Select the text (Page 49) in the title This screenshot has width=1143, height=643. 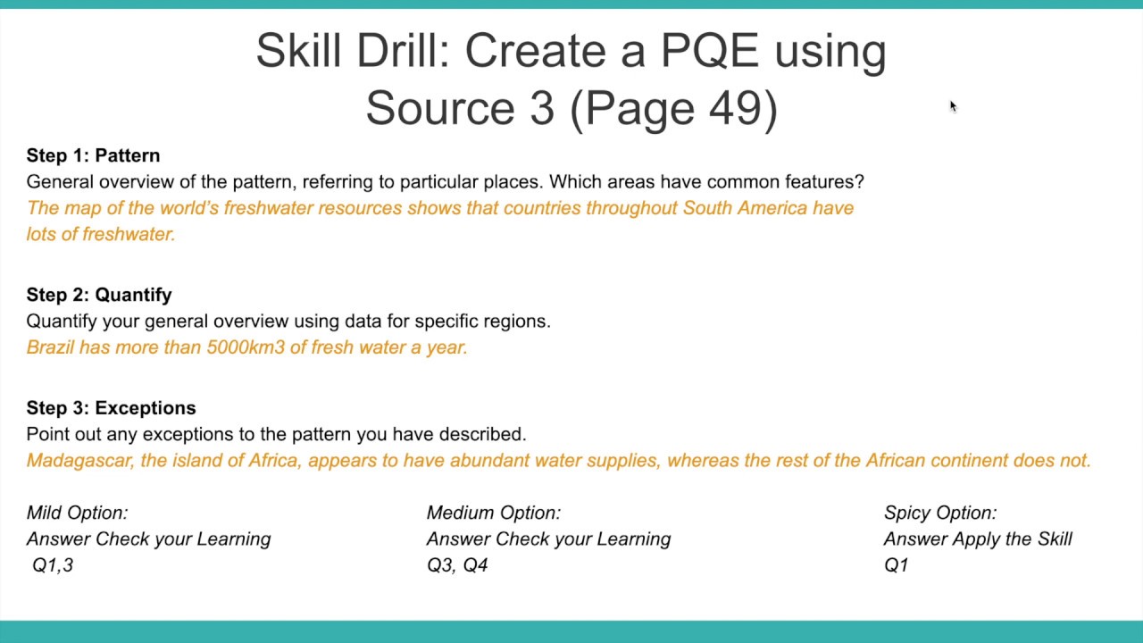(673, 108)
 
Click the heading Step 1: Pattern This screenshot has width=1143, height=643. (93, 155)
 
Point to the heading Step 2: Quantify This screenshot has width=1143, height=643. (99, 295)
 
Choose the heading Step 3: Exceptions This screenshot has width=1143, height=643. (111, 408)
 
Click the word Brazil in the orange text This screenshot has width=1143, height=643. (50, 347)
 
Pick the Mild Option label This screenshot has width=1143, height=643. (77, 513)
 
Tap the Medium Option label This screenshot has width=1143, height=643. (493, 513)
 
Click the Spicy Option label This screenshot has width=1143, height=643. (939, 513)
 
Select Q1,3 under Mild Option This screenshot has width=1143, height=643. (53, 565)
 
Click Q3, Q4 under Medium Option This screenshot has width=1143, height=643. (457, 565)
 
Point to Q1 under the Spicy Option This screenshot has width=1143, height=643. (896, 565)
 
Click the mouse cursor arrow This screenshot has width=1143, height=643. (952, 105)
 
